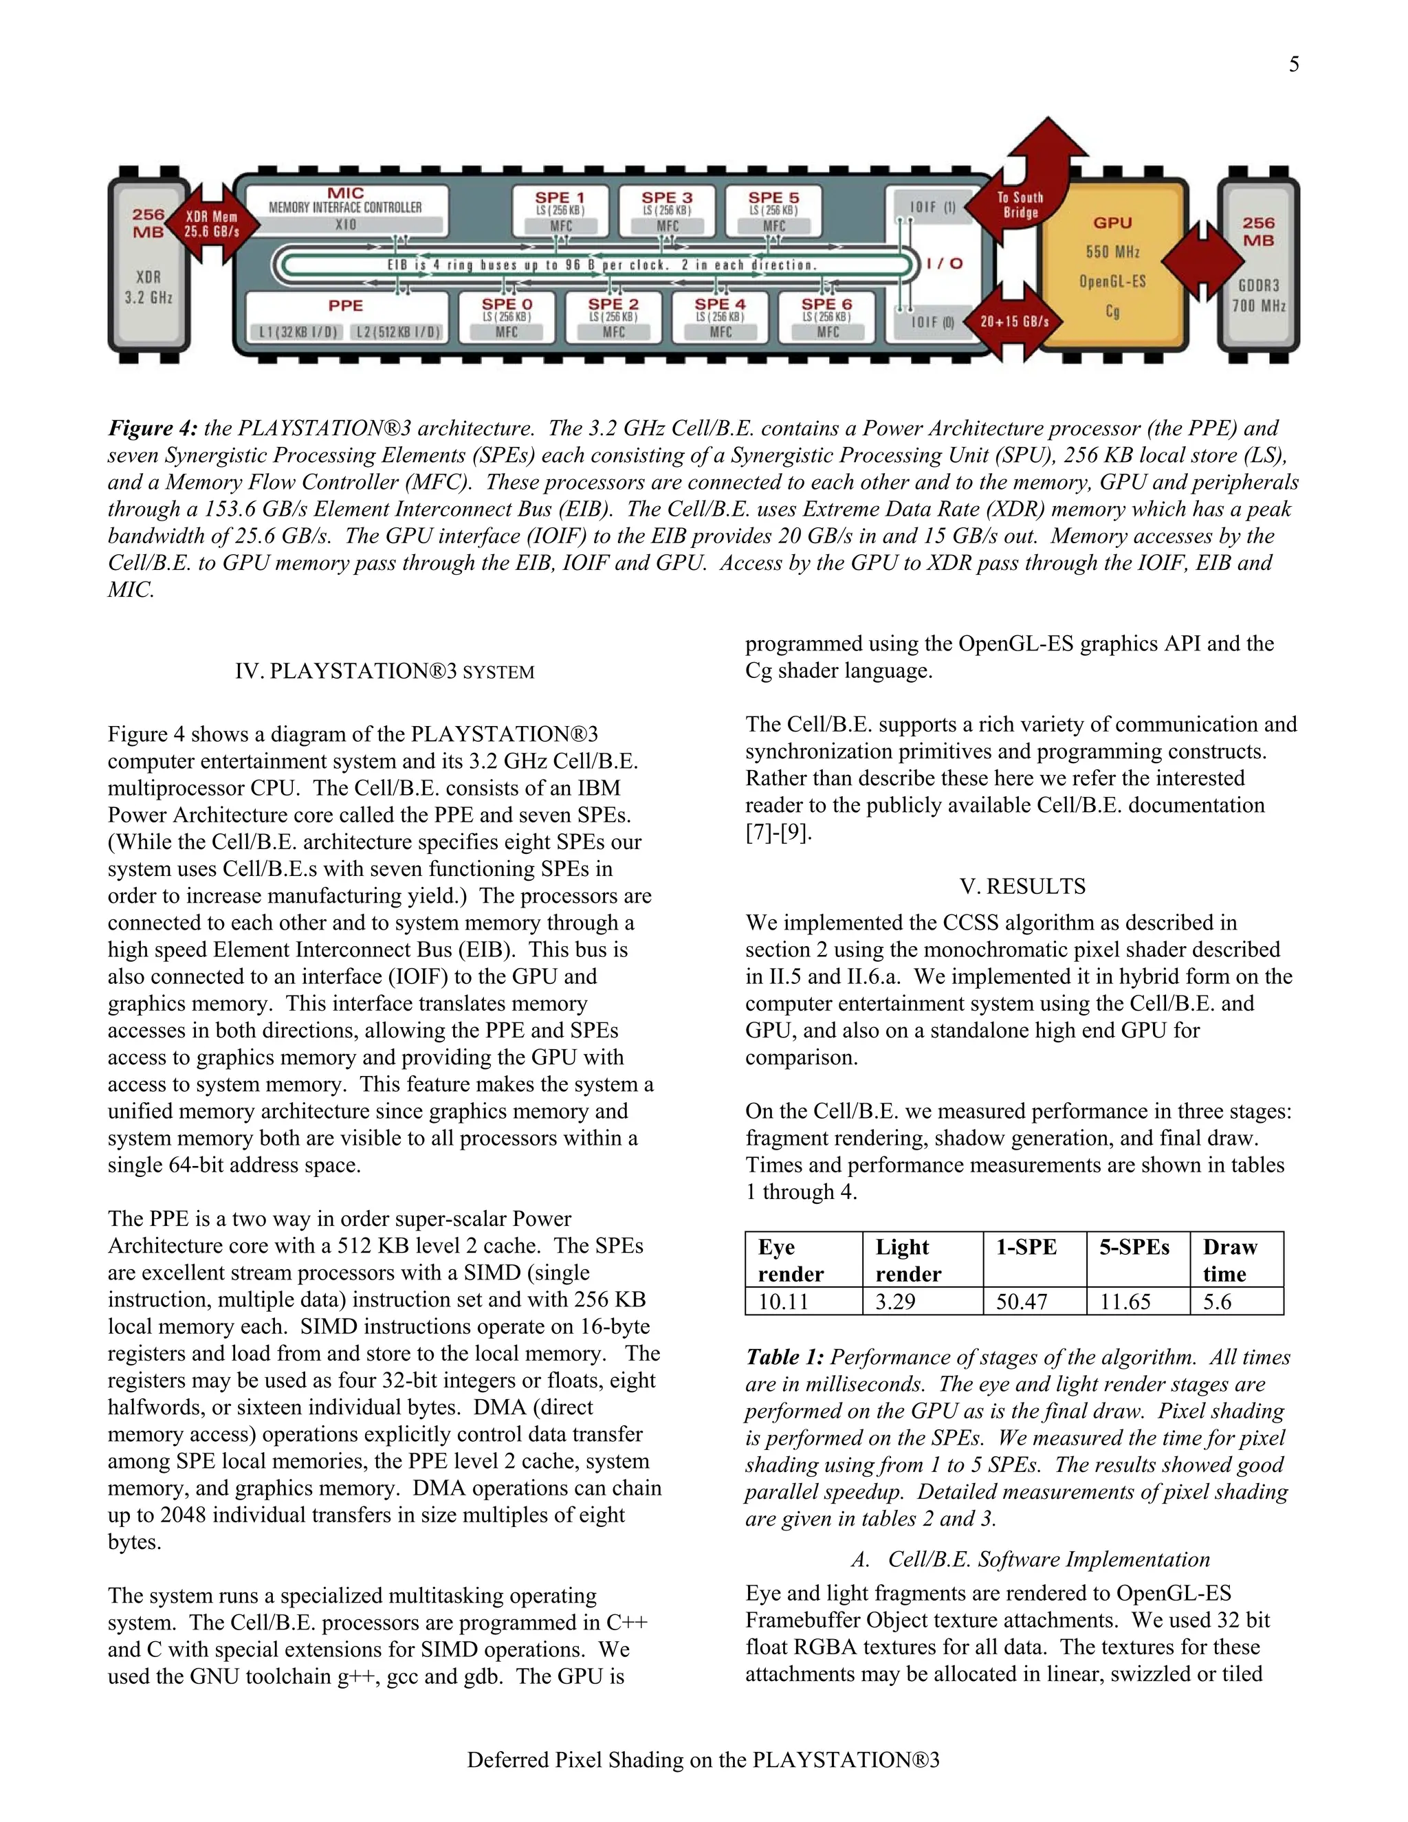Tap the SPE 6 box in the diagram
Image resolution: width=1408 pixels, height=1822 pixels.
[826, 317]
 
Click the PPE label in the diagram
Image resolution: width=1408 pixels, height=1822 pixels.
[345, 306]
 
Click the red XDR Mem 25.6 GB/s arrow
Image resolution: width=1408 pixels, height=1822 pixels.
[212, 223]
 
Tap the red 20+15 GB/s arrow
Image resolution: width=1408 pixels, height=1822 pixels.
[1014, 321]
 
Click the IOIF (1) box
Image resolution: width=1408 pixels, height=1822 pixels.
[932, 207]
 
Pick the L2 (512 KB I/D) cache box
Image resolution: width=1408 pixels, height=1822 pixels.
[399, 332]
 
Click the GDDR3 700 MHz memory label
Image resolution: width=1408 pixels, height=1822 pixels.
[1259, 296]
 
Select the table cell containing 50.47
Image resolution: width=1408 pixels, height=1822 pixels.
[1034, 1302]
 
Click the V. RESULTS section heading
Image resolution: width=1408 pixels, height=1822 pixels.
[1022, 886]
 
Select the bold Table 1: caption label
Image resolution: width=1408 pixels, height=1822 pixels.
[784, 1357]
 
